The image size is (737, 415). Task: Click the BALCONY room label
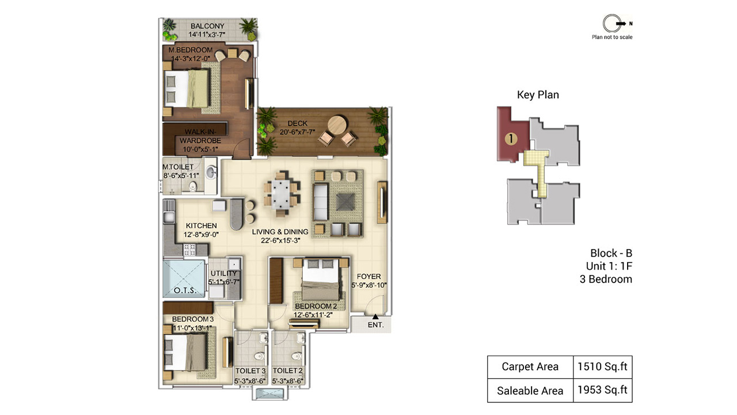(207, 26)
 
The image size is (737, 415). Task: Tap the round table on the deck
(337, 124)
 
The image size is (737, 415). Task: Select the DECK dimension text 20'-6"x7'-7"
(297, 132)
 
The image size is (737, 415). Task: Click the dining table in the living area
(280, 194)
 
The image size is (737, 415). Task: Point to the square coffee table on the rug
(345, 202)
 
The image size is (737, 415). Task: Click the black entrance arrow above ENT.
(375, 316)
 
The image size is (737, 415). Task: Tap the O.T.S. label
(185, 290)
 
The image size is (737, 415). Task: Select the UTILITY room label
(224, 273)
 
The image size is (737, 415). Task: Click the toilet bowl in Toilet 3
(260, 356)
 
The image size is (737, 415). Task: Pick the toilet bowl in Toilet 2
(297, 356)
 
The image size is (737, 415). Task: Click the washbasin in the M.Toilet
(211, 172)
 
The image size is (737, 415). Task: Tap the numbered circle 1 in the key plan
(511, 139)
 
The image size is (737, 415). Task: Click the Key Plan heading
(538, 95)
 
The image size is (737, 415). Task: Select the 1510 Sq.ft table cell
(602, 367)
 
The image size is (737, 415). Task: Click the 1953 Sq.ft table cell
(602, 390)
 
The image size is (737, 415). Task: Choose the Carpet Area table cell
(530, 367)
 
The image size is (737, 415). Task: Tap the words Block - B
(611, 253)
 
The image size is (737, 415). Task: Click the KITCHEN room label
(202, 226)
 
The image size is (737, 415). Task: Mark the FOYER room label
(369, 277)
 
